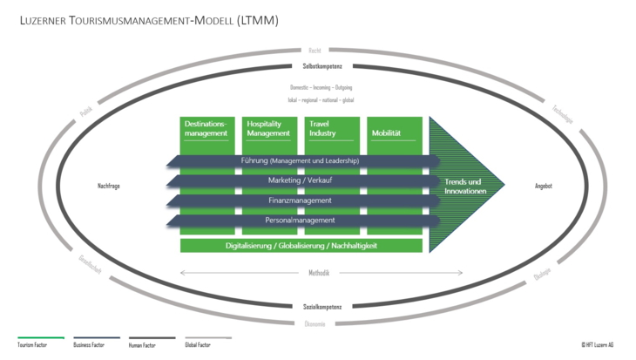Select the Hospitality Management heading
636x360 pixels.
(x=267, y=128)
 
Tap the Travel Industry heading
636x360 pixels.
(x=322, y=128)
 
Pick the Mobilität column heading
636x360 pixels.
(x=386, y=133)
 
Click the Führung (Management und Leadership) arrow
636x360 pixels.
(x=301, y=160)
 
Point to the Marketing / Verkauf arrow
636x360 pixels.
(x=301, y=180)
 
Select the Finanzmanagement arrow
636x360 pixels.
(x=301, y=200)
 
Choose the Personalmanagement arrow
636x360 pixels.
(x=301, y=221)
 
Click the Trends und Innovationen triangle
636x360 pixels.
(x=463, y=186)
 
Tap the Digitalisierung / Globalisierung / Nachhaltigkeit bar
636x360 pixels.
(x=301, y=245)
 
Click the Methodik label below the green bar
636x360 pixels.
(x=318, y=273)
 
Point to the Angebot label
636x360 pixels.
(x=544, y=186)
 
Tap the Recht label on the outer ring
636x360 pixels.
(x=315, y=51)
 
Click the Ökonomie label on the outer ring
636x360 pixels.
(x=315, y=323)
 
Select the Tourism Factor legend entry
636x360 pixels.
(x=32, y=345)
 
